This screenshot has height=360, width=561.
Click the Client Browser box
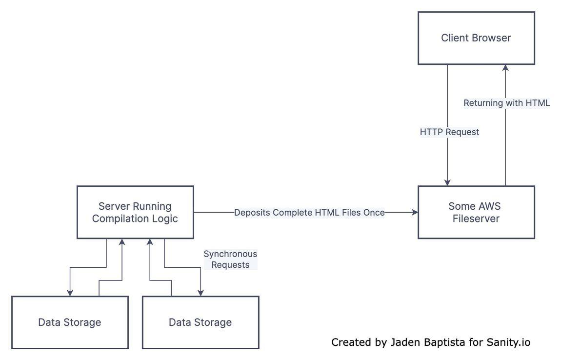476,38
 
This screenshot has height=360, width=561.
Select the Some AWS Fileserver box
476,212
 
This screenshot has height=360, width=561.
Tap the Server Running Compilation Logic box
135,212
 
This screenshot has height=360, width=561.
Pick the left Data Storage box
70,322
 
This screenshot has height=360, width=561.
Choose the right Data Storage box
200,322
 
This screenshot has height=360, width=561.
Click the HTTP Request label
449,132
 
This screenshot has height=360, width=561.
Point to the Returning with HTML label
506,103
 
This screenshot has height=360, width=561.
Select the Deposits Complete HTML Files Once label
309,213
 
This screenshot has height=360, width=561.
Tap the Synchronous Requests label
230,260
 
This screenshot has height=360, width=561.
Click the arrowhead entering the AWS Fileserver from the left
415,213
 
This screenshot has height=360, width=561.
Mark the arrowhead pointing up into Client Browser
505,68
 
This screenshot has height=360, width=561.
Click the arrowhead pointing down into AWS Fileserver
447,182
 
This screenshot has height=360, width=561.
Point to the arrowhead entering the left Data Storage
70,293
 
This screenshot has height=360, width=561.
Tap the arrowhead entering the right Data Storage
200,293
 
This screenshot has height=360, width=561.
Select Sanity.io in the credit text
508,342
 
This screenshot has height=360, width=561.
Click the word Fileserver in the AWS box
476,219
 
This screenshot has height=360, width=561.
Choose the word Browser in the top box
493,38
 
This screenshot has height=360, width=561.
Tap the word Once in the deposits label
374,213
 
